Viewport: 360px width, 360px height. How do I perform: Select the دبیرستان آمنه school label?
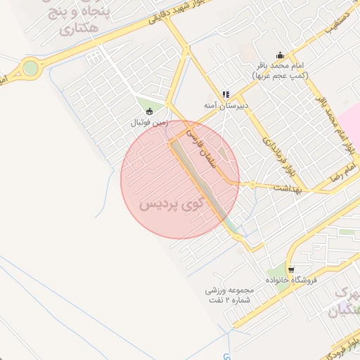point(224,105)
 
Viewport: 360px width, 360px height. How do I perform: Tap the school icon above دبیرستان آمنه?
point(225,94)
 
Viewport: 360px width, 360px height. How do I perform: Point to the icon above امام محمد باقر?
point(281,55)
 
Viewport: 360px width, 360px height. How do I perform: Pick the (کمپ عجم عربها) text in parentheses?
point(280,75)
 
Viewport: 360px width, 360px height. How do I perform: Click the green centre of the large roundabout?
point(30,68)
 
